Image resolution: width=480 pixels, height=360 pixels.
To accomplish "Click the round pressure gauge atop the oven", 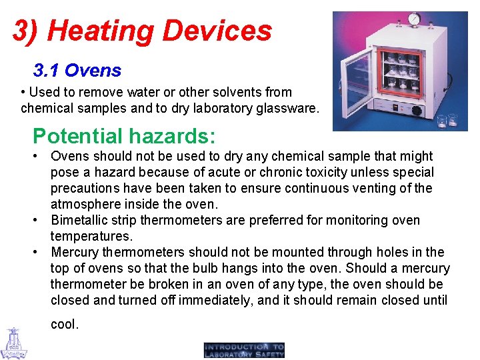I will pos(414,18).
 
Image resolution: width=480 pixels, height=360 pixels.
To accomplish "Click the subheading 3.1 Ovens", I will pos(77,70).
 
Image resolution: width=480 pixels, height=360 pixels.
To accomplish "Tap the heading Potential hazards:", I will pos(124,136).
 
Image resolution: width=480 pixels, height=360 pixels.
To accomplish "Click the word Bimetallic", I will pos(83,220).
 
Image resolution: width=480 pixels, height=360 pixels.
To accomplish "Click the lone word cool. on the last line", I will pos(65,325).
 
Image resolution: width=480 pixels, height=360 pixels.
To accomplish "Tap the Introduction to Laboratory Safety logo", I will pos(244,350).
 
